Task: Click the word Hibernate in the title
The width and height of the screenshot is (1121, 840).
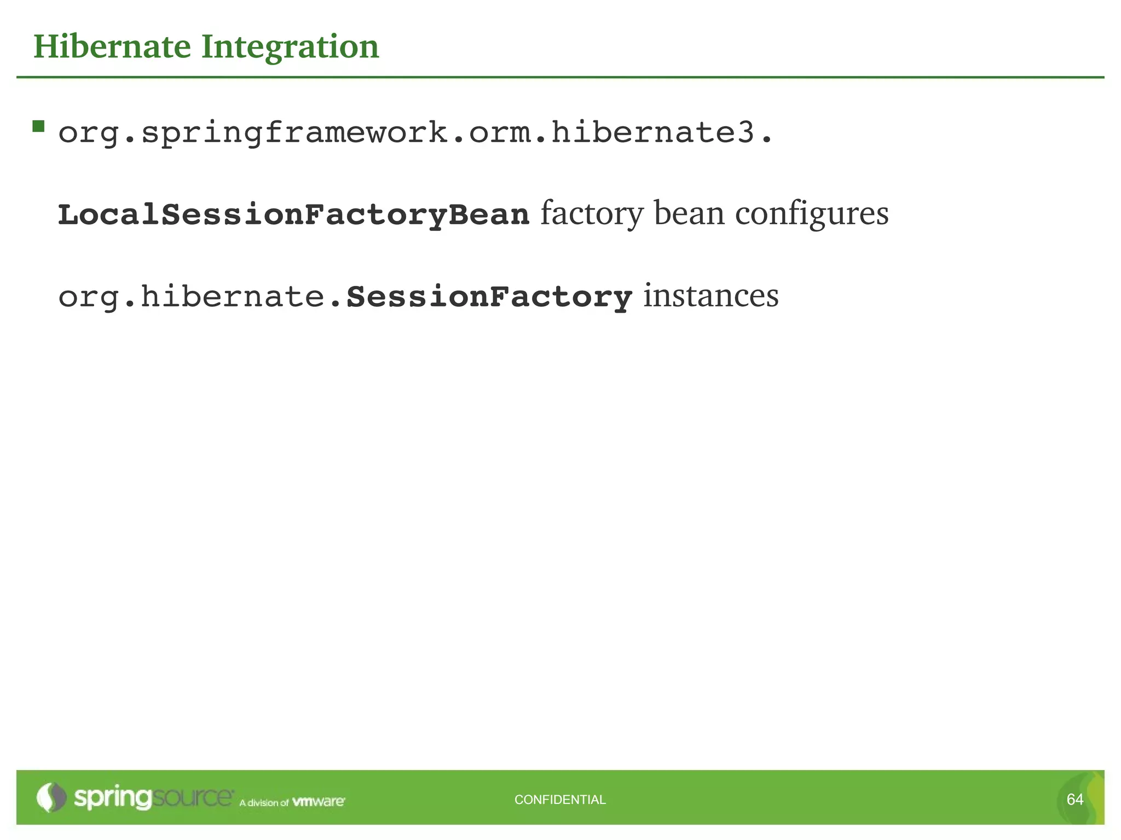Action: [x=112, y=46]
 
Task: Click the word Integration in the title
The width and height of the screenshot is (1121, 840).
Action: [x=290, y=48]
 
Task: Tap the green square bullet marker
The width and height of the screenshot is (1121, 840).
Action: [x=38, y=127]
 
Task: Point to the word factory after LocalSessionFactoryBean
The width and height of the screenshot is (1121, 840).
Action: [x=592, y=213]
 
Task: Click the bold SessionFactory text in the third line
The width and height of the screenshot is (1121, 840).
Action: [x=489, y=297]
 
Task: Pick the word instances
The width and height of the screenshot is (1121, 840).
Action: [x=710, y=296]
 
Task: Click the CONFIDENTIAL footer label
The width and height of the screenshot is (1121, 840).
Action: [x=560, y=800]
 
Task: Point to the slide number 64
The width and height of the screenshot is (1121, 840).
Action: [x=1075, y=800]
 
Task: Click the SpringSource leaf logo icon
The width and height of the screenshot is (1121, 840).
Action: [x=51, y=797]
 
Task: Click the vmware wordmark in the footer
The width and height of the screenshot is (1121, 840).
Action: [x=319, y=802]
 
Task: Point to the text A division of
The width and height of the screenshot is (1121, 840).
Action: [x=264, y=803]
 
